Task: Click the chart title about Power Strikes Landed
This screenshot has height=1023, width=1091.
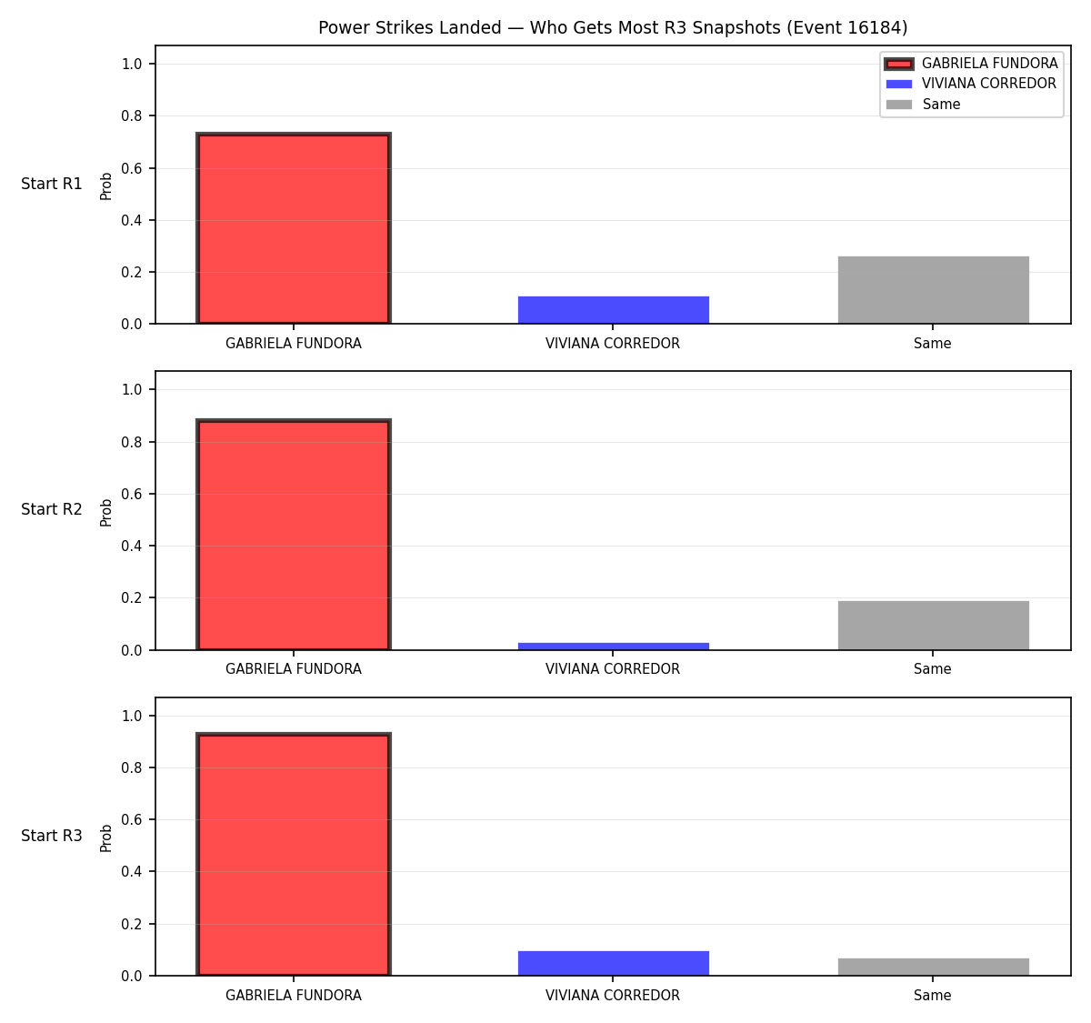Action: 613,27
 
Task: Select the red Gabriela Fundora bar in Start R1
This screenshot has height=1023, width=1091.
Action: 294,228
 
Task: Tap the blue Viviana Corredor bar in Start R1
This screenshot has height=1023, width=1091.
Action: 613,310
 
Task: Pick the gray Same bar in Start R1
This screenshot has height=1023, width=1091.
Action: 933,290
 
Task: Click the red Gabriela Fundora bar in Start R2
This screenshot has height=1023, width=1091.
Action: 294,535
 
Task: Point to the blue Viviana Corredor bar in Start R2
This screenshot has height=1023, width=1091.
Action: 613,647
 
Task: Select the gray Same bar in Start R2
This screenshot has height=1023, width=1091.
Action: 933,625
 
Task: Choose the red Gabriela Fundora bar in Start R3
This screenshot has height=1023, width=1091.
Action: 294,854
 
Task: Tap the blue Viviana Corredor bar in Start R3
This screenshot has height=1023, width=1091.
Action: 613,963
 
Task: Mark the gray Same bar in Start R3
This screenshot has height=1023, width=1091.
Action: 933,967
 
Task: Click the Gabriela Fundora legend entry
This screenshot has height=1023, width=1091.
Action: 971,64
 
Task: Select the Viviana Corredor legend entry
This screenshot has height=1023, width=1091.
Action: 971,84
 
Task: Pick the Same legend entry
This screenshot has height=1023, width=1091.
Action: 923,105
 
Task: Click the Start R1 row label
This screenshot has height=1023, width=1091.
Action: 52,184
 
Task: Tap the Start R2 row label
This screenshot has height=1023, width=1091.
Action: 52,509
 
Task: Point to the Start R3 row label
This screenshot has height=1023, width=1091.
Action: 52,836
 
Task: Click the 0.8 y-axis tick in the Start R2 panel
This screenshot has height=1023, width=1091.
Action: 131,442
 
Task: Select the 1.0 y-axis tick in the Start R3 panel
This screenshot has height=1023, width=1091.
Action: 131,716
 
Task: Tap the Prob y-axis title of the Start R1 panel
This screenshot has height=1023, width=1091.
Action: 105,186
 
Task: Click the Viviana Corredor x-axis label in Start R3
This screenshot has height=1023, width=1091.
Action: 613,995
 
